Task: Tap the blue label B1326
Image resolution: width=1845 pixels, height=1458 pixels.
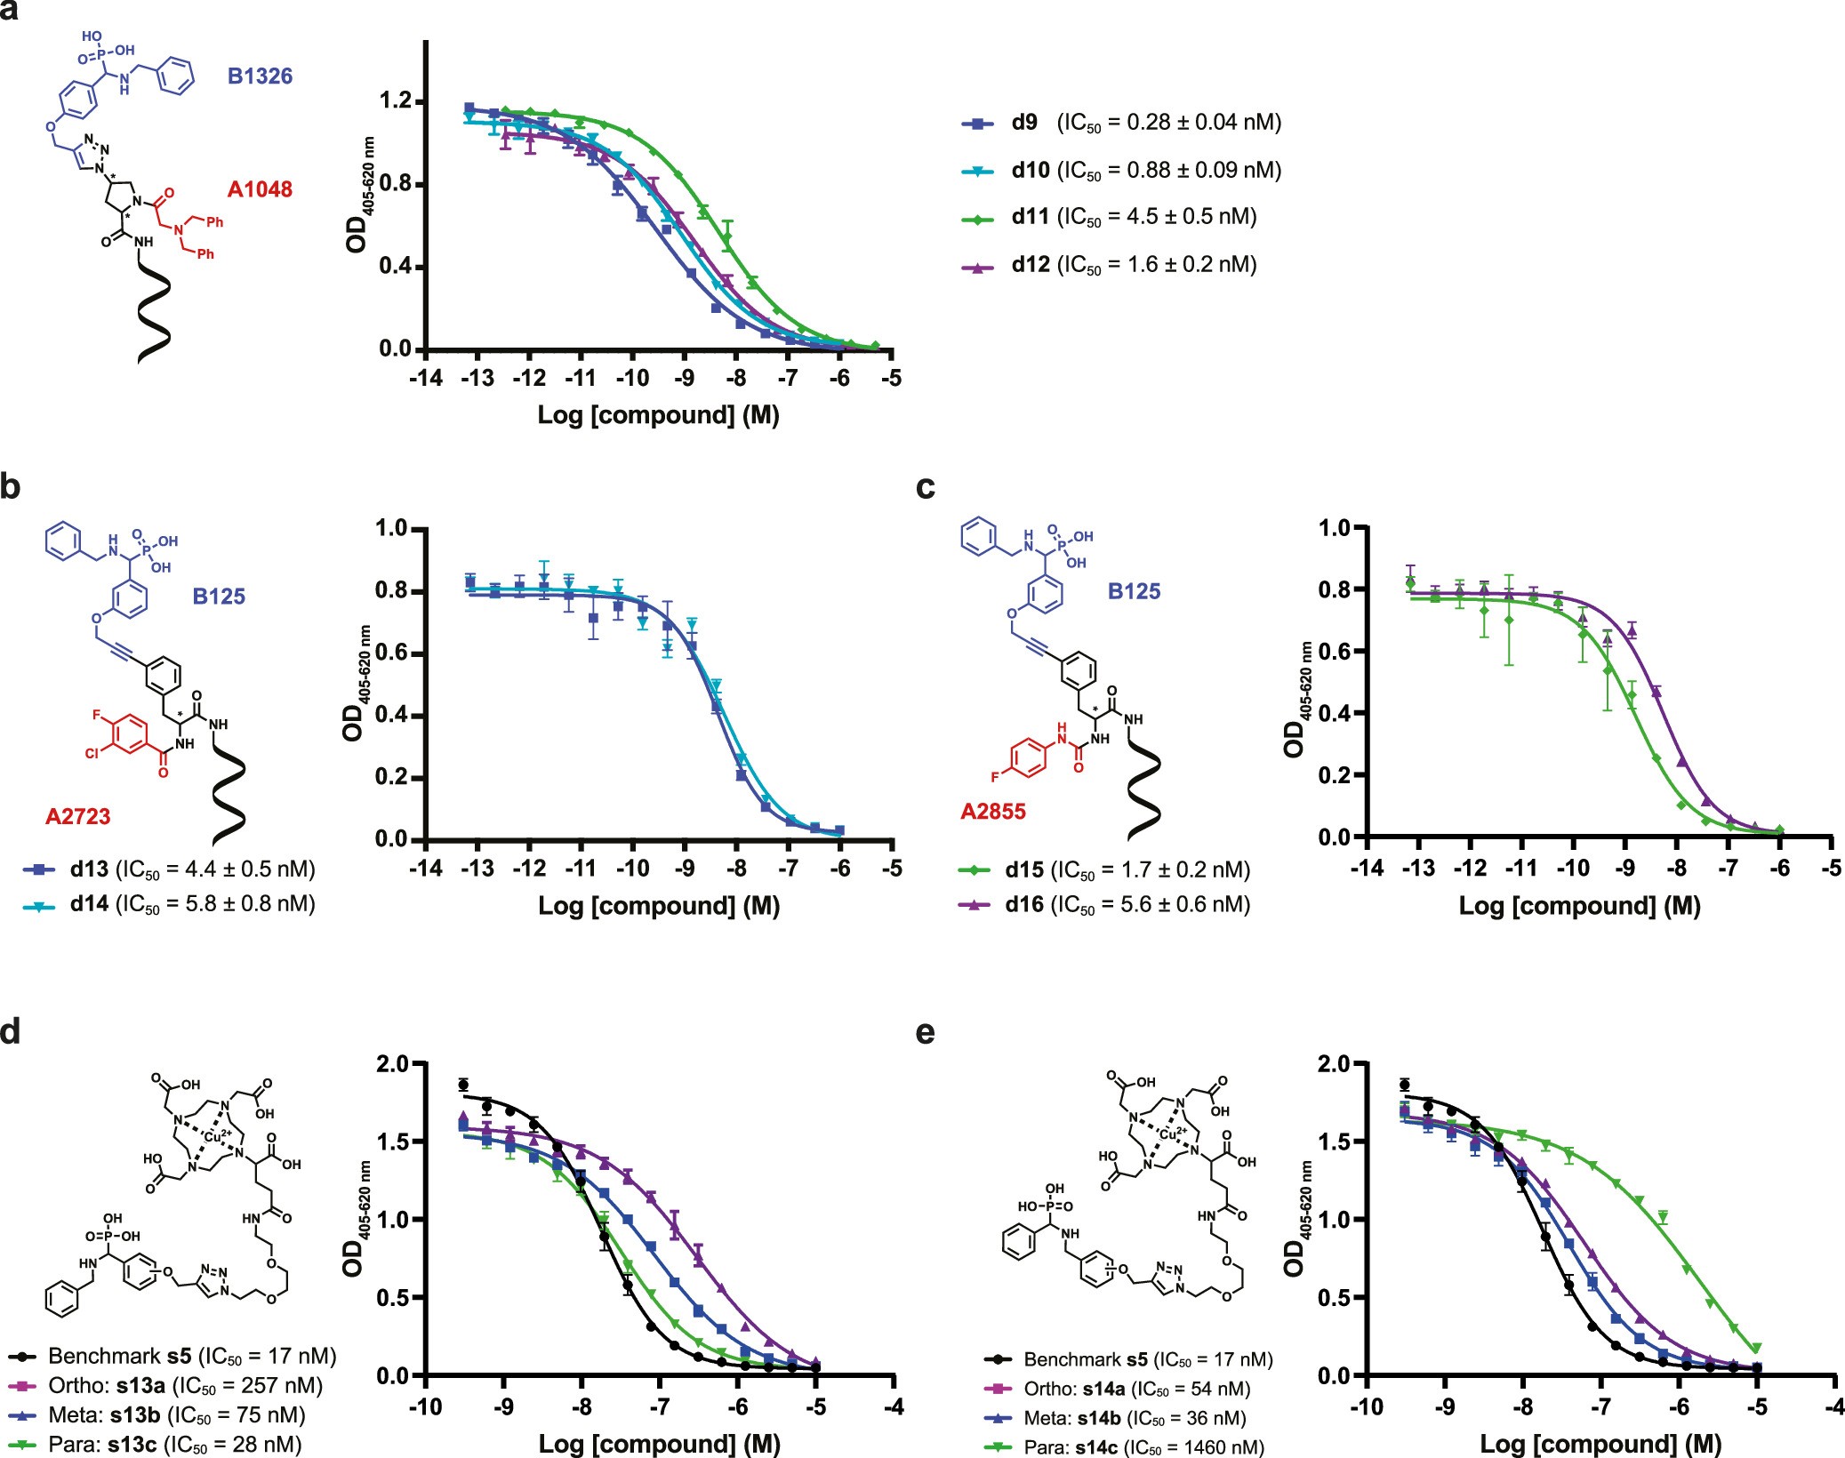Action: pyautogui.click(x=260, y=76)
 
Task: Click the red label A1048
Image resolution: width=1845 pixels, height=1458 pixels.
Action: pyautogui.click(x=260, y=189)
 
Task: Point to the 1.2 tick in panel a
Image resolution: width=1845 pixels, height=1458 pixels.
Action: pyautogui.click(x=395, y=102)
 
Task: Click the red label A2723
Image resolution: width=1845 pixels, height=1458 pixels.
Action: pyautogui.click(x=78, y=816)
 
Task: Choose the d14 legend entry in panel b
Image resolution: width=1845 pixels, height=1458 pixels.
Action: pyautogui.click(x=169, y=904)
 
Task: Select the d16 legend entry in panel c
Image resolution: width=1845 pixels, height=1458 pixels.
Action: pyautogui.click(x=1104, y=905)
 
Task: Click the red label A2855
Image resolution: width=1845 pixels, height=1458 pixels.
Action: pyautogui.click(x=993, y=811)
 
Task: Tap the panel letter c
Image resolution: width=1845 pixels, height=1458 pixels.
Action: pyautogui.click(x=925, y=487)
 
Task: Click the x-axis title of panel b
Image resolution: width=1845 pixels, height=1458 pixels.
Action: pyautogui.click(x=659, y=906)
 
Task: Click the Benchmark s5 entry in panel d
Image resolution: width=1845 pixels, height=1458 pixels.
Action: pyautogui.click(x=173, y=1356)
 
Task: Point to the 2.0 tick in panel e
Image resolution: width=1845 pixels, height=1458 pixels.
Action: pyautogui.click(x=1332, y=1064)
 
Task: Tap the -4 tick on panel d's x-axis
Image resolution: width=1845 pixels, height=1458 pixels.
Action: pyautogui.click(x=894, y=1407)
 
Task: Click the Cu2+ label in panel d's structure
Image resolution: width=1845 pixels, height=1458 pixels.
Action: pyautogui.click(x=218, y=1136)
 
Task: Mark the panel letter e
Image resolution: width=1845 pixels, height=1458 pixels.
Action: pyautogui.click(x=925, y=1033)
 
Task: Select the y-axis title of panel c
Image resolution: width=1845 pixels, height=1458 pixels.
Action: pyautogui.click(x=1296, y=699)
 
